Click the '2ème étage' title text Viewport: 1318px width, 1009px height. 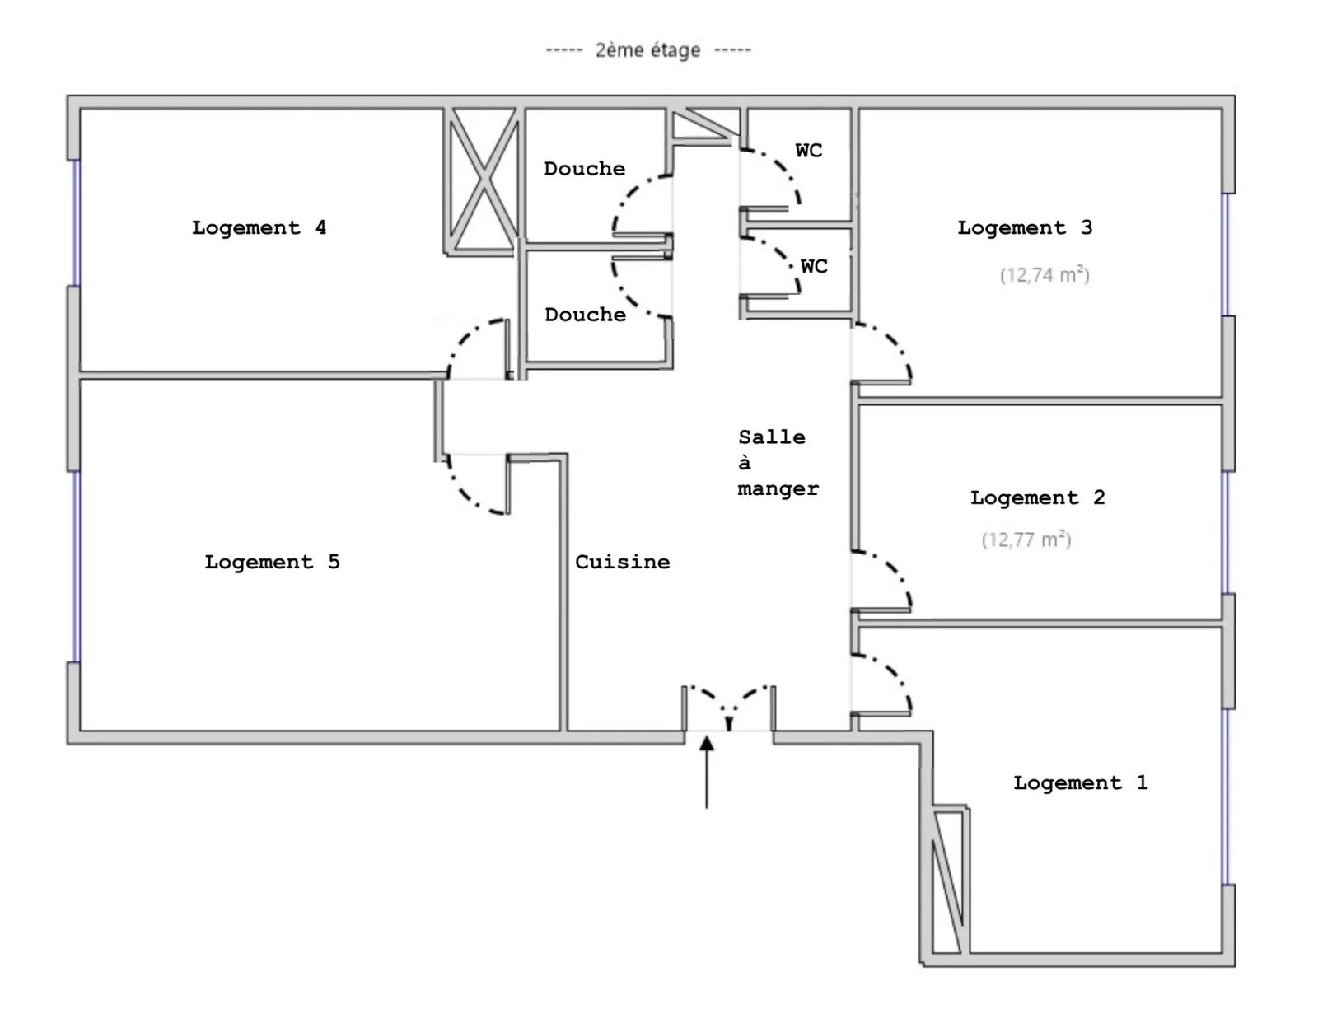pos(647,50)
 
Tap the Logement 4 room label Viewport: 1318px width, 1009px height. pos(259,227)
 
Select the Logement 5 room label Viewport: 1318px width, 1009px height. pos(272,562)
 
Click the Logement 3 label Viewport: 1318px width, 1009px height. pos(1025,227)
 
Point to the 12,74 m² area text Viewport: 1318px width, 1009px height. pos(1045,274)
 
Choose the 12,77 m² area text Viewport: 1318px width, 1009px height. pos(1026,540)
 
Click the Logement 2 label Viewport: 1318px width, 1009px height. pos(1037,497)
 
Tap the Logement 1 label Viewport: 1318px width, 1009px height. pos(1080,782)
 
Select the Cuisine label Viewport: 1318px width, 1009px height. pos(622,562)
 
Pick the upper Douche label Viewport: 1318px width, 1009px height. pos(584,169)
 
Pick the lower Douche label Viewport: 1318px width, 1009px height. pos(585,315)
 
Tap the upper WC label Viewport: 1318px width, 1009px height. pos(808,151)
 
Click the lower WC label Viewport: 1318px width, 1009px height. pos(814,266)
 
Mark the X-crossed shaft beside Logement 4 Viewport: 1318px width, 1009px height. pos(484,180)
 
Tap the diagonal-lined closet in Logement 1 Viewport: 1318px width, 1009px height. pos(948,881)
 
